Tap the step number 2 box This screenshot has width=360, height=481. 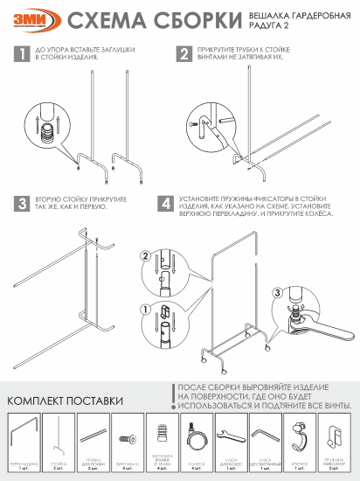click(x=184, y=54)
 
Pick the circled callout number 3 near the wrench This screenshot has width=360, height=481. click(x=278, y=293)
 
